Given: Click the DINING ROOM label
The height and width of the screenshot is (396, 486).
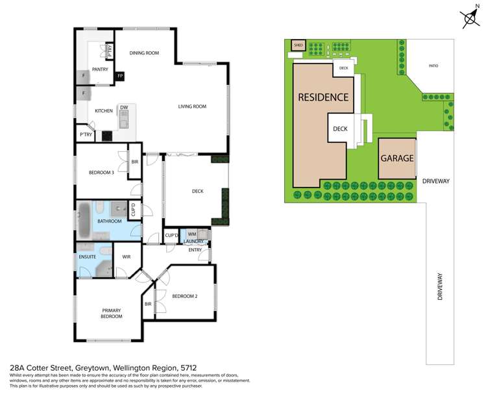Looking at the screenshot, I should click(144, 53).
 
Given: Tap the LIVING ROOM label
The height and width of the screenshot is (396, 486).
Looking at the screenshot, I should click(192, 106).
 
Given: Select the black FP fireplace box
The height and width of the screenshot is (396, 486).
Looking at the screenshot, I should click(119, 77).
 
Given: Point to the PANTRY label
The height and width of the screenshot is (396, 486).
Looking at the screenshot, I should click(99, 69).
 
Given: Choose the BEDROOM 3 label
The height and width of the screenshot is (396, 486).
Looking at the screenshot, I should click(101, 172).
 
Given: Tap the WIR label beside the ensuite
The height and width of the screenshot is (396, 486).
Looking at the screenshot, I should click(127, 257).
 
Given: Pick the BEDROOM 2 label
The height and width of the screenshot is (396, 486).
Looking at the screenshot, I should click(184, 296).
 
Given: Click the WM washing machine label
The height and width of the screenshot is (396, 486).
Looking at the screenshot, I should click(191, 234).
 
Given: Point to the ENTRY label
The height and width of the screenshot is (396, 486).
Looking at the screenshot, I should click(195, 249).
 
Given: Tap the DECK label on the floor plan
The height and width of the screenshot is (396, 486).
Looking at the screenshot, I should click(197, 192).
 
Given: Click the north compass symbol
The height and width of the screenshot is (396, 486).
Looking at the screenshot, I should click(469, 18).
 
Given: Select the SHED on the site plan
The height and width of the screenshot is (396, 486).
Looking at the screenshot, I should click(298, 45).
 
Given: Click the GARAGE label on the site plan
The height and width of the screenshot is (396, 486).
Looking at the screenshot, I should click(396, 158).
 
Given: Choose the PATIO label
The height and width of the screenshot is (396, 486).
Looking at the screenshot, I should click(437, 66).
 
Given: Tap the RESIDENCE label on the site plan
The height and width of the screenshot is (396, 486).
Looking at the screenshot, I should click(323, 97).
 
